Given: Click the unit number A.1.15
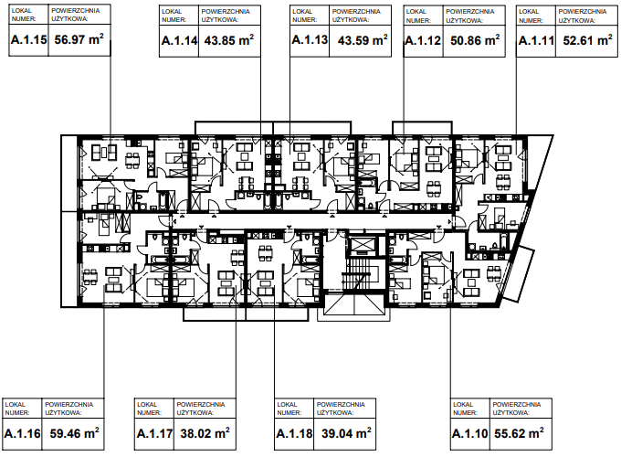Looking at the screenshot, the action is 29,39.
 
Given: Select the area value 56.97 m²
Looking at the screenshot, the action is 79,38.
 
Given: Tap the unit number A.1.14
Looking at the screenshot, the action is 179,40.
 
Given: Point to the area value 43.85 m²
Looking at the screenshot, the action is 229,39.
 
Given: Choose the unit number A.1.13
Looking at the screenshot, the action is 310,39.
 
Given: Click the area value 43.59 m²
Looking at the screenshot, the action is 363,39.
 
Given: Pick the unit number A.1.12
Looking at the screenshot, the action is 423,40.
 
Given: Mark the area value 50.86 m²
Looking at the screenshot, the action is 475,39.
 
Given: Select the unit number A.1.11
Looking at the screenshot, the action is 536,40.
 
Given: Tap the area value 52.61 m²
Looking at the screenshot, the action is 588,39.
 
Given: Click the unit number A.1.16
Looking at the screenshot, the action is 22,433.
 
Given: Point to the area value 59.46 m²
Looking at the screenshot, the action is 75,433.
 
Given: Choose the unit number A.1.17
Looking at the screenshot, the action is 154,433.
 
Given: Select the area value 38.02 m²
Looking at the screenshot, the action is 205,433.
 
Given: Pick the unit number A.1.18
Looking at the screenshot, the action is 294,433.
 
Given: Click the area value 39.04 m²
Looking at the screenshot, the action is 346,433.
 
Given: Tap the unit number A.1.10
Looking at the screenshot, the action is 469,433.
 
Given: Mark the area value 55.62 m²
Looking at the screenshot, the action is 519,433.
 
